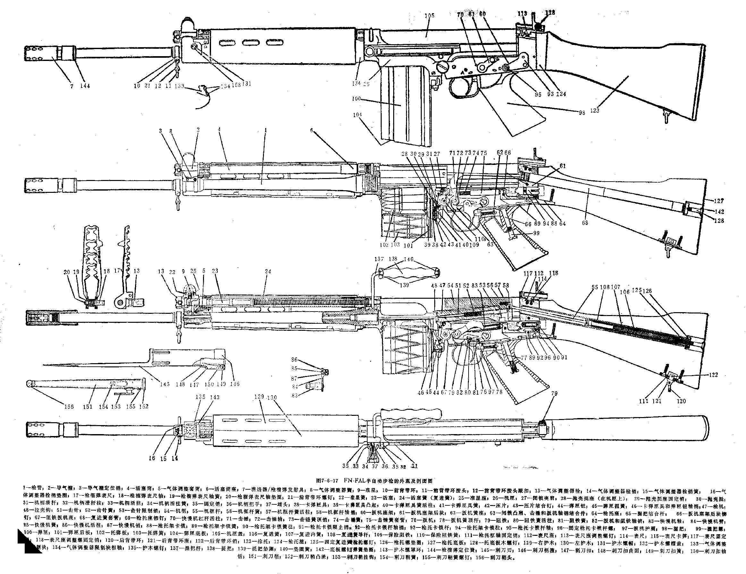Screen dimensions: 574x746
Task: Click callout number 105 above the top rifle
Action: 429,15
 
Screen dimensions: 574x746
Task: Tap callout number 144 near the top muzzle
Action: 85,86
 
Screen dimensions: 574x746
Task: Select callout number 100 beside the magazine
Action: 356,99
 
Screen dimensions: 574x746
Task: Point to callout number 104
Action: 357,115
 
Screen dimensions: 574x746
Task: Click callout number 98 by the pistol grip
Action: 582,112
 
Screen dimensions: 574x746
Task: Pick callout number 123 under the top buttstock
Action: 594,110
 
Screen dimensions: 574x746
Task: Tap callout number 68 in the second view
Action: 585,223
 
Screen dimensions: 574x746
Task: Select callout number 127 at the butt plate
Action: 719,201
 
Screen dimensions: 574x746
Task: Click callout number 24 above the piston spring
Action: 268,271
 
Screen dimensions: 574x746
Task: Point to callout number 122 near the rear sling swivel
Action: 713,375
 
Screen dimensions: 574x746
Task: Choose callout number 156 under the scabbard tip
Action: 69,407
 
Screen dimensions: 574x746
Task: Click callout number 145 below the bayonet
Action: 165,384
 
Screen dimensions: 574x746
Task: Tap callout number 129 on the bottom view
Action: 259,397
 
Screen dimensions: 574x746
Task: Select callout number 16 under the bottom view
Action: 152,458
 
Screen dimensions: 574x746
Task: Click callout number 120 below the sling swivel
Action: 681,401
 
